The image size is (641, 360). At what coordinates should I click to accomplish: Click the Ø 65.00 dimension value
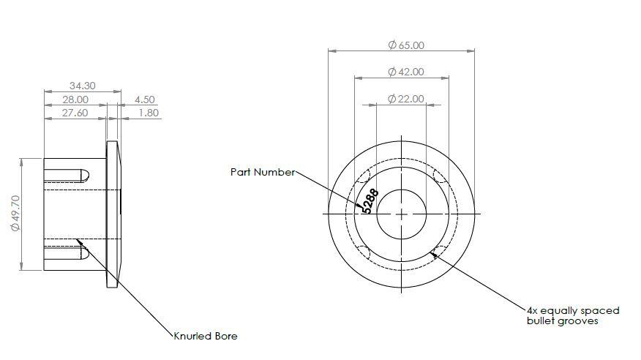click(x=406, y=45)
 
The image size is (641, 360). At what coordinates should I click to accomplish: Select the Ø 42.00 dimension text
click(x=406, y=72)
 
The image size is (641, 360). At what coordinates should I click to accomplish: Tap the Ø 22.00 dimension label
click(x=406, y=99)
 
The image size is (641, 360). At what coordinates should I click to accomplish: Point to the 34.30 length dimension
click(x=82, y=86)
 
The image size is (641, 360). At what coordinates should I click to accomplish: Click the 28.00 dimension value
click(x=75, y=100)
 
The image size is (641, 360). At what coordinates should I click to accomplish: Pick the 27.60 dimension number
click(x=75, y=113)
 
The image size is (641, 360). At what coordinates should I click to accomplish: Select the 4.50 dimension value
click(x=145, y=100)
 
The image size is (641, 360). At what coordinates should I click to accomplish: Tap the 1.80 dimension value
click(x=149, y=113)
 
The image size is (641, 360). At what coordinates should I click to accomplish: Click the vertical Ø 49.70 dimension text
click(x=15, y=213)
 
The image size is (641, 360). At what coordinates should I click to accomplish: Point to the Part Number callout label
click(x=263, y=172)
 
